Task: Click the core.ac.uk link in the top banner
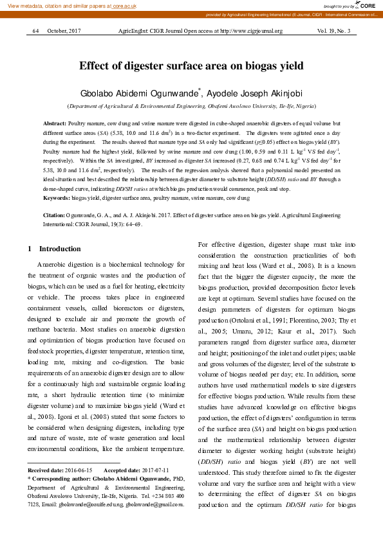(126, 5)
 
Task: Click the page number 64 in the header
(35, 31)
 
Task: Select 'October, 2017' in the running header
(64, 31)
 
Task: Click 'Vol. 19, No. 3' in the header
(333, 31)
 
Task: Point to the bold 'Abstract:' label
(54, 122)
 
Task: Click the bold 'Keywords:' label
(56, 199)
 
